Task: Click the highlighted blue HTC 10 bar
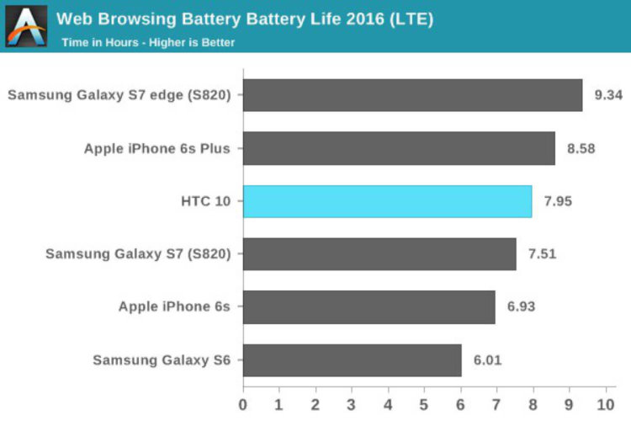pyautogui.click(x=387, y=201)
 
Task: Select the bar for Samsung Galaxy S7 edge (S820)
pyautogui.click(x=412, y=95)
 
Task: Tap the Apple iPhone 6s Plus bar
pyautogui.click(x=399, y=148)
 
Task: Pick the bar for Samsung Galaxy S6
pyautogui.click(x=352, y=360)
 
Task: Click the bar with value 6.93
pyautogui.click(x=369, y=307)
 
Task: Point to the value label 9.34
pyautogui.click(x=607, y=95)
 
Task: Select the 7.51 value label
pyautogui.click(x=542, y=254)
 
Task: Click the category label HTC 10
pyautogui.click(x=205, y=201)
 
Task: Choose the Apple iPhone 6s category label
pyautogui.click(x=174, y=307)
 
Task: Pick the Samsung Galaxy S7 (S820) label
pyautogui.click(x=138, y=254)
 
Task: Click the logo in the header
pyautogui.click(x=27, y=24)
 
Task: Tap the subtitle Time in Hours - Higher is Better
pyautogui.click(x=148, y=41)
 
